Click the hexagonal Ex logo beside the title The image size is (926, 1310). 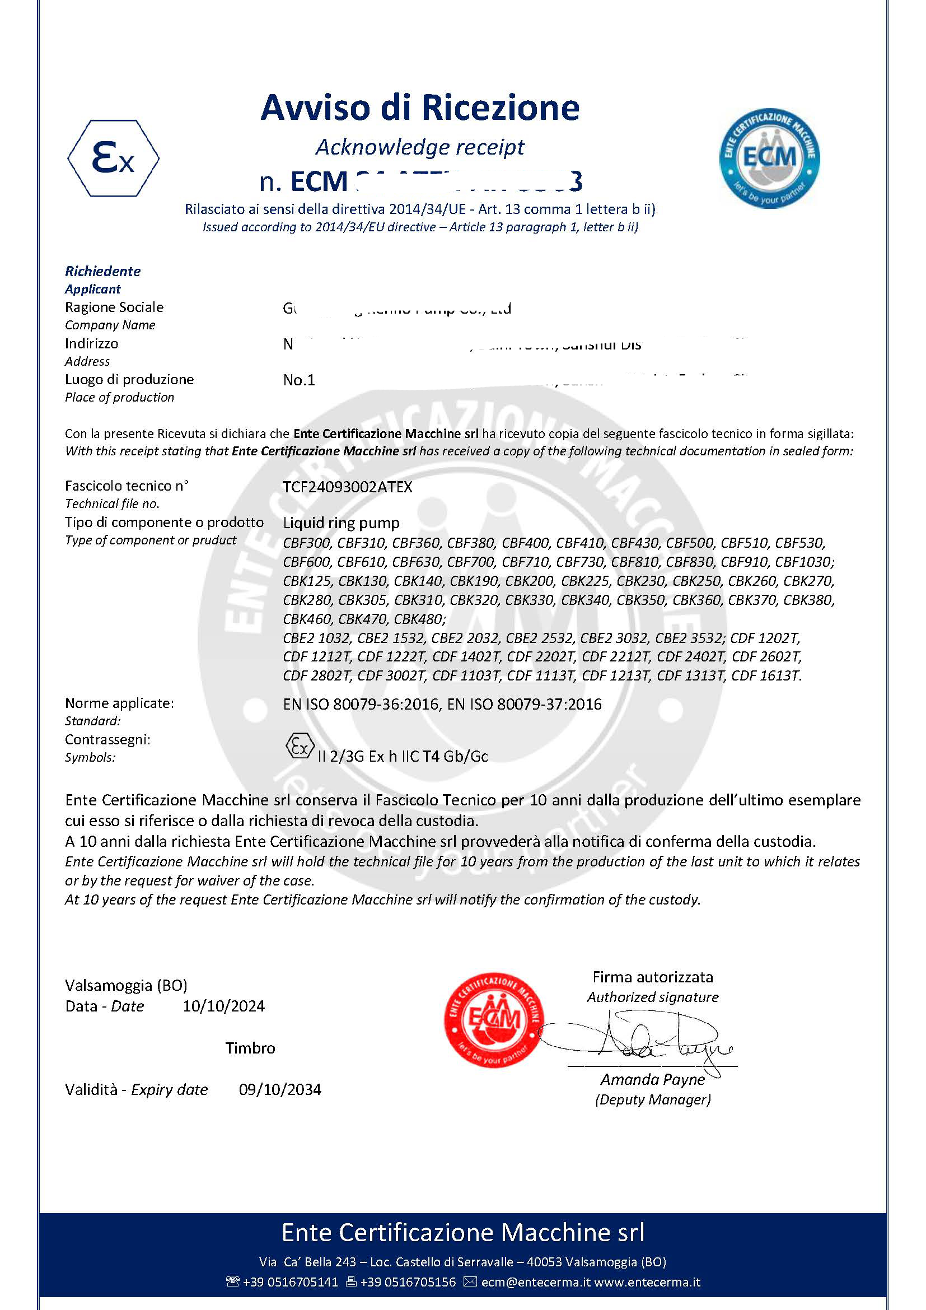tap(113, 158)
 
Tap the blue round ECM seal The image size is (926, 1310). tap(769, 158)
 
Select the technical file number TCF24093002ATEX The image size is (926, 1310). tap(347, 487)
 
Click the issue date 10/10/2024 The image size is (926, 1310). tap(223, 1006)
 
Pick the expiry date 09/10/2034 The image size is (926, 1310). tap(280, 1089)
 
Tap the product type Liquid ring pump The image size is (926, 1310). tap(341, 523)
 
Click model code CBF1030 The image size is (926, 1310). tap(803, 562)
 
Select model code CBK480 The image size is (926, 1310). tap(420, 619)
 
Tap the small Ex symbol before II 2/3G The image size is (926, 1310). tap(300, 745)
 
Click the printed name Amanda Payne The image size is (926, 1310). tap(652, 1079)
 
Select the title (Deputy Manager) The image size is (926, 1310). tap(653, 1099)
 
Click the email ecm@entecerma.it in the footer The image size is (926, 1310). tap(535, 1282)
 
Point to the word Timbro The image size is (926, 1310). tap(250, 1048)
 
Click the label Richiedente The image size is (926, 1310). tap(102, 271)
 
